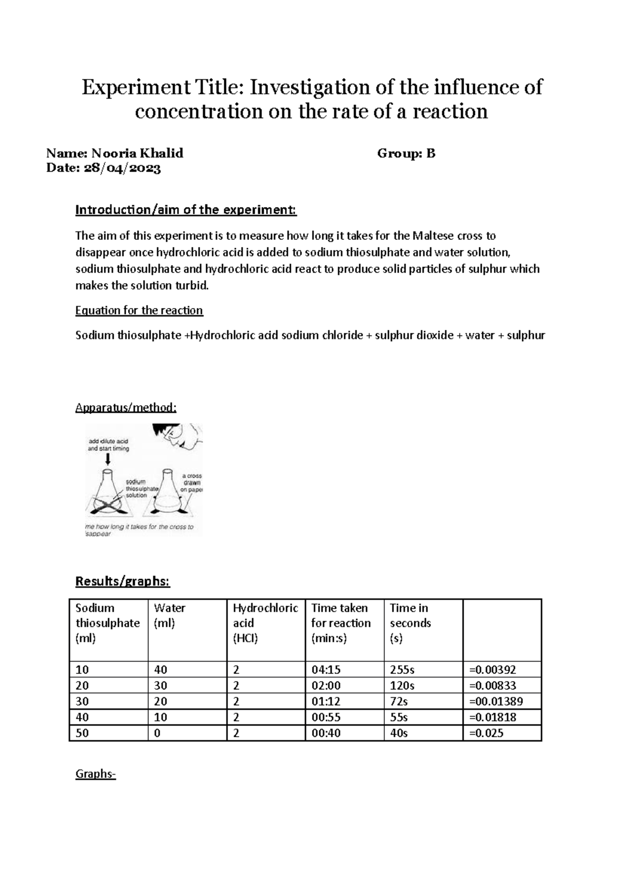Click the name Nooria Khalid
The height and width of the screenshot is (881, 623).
pyautogui.click(x=137, y=153)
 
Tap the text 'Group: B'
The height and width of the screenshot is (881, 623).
pyautogui.click(x=406, y=153)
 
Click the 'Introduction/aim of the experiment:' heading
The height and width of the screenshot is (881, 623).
pyautogui.click(x=186, y=210)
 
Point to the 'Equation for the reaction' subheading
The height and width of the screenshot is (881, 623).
pyautogui.click(x=139, y=310)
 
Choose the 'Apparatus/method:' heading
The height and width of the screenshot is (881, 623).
pyautogui.click(x=126, y=407)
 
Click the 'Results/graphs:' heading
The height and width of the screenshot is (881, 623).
pyautogui.click(x=123, y=581)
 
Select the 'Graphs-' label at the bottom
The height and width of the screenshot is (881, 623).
pyautogui.click(x=96, y=774)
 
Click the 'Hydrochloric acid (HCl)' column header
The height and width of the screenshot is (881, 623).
pyautogui.click(x=265, y=623)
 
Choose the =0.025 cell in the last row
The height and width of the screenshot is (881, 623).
pyautogui.click(x=486, y=733)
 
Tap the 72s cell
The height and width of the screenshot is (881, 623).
pyautogui.click(x=399, y=701)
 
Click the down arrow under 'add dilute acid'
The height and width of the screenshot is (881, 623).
pyautogui.click(x=108, y=459)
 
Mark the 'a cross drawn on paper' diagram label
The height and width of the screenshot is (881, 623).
pyautogui.click(x=192, y=483)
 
